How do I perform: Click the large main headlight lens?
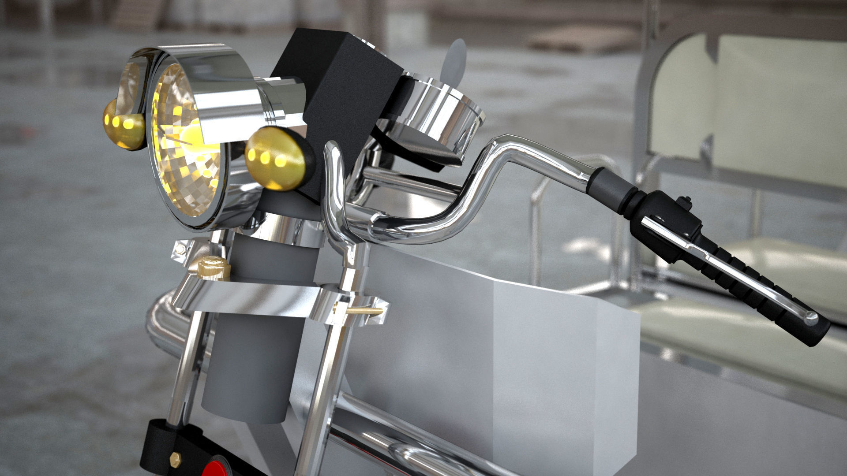(187, 145)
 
